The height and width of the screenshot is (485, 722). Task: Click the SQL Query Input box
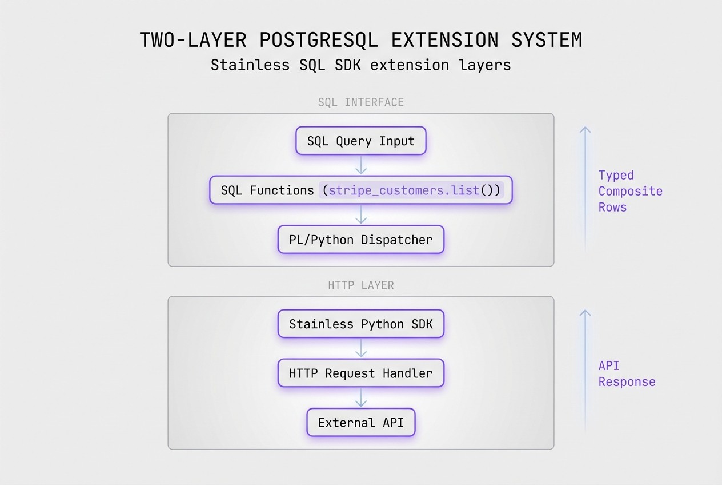pos(360,141)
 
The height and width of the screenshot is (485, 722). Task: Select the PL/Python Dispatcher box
pos(360,240)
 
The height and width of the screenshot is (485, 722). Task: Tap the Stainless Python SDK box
pos(360,324)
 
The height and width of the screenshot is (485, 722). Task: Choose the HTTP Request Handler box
pos(360,373)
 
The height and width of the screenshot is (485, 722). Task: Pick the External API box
pos(360,423)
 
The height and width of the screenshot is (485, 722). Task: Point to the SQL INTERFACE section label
pos(360,102)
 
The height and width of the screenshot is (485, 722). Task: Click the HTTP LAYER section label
pos(360,285)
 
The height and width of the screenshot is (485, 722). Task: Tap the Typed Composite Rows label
pos(630,191)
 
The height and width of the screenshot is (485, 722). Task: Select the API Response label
pos(627,373)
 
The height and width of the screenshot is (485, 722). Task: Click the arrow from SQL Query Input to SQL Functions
pos(360,165)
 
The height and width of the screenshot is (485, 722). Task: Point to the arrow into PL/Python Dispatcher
pos(360,214)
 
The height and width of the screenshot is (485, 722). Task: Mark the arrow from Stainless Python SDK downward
pos(360,348)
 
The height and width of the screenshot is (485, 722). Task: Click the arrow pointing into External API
pos(360,397)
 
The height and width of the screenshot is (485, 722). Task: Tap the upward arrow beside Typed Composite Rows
pos(585,189)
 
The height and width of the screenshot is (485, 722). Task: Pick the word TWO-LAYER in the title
pos(193,41)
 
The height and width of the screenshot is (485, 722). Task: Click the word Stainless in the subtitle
pos(250,65)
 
